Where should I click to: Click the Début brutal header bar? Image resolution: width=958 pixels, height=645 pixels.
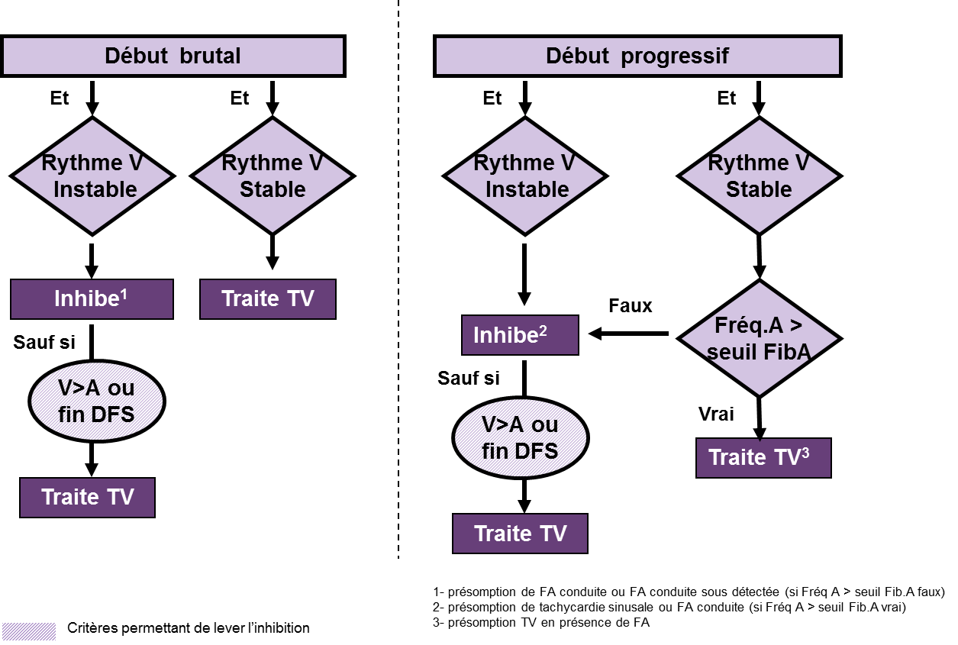point(173,56)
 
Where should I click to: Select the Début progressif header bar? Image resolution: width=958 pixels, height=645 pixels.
point(637,56)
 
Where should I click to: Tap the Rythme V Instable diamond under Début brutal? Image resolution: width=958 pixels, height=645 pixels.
point(92,176)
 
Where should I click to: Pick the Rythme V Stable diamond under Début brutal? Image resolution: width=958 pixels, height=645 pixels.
point(273,176)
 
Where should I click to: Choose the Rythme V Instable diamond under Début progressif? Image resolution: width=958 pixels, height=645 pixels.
point(525,176)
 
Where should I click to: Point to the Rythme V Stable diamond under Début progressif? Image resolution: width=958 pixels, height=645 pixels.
point(759,176)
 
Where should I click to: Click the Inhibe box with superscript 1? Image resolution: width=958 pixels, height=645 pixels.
point(92,299)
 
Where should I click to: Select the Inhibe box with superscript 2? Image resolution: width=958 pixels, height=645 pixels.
point(520,335)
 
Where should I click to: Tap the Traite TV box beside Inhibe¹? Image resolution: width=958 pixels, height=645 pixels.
point(267,299)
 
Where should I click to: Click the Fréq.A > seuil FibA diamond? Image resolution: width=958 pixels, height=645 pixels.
point(759,338)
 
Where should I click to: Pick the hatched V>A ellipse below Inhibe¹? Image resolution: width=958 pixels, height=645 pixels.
point(97,401)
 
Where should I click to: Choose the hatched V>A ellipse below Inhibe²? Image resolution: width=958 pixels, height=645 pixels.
point(521,437)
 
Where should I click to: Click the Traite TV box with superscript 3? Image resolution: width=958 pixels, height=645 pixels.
point(763,458)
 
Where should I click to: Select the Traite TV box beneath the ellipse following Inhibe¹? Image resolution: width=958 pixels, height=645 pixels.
point(87,498)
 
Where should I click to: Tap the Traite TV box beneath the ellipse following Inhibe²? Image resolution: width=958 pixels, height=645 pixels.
point(520,534)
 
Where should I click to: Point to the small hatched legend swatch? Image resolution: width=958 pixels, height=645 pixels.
point(29,631)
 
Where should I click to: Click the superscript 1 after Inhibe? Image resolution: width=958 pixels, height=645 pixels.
point(123,292)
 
